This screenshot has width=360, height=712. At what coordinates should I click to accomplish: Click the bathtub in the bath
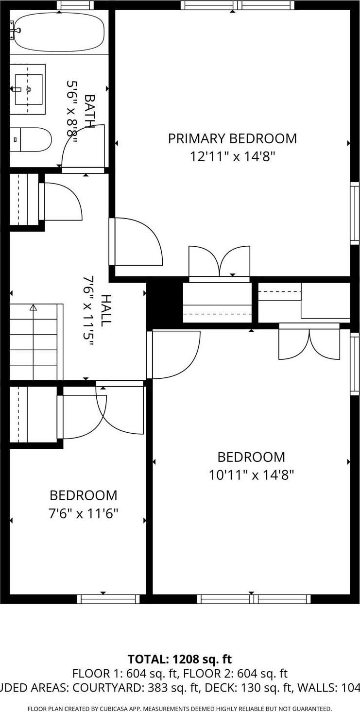tap(58, 31)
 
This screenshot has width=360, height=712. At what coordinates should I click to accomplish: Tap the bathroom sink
tap(28, 89)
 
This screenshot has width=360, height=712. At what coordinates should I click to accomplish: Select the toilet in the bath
tap(31, 139)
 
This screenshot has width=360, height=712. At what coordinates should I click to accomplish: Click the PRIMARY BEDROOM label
tap(232, 138)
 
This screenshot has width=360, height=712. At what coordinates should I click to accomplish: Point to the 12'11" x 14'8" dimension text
tap(232, 156)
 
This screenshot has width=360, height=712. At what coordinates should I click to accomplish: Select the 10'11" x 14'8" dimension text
tap(251, 475)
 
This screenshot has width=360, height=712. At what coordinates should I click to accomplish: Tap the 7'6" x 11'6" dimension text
tap(83, 513)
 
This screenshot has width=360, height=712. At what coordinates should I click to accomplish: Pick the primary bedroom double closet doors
tap(220, 262)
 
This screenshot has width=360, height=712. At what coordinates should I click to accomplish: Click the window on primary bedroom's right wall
tap(355, 213)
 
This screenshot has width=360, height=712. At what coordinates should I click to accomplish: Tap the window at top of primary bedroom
tap(238, 5)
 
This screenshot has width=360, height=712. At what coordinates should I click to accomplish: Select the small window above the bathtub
tap(75, 5)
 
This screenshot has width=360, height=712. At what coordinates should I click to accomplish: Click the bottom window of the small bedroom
tap(108, 599)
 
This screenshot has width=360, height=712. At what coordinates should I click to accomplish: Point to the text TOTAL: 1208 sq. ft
tap(180, 659)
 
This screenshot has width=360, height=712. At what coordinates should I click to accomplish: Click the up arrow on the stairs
tap(33, 307)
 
